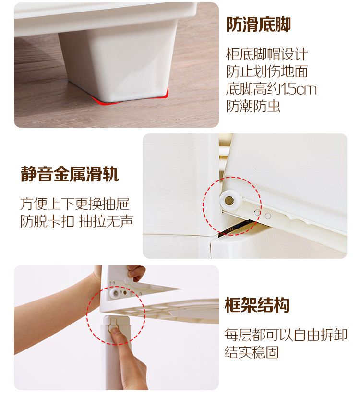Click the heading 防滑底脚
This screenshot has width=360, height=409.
258,24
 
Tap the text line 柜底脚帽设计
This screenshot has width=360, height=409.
266,54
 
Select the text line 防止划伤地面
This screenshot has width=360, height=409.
266,72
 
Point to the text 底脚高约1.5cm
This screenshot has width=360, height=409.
271,89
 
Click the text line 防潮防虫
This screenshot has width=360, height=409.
253,106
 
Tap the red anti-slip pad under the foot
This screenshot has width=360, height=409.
131,98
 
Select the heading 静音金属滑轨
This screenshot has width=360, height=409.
70,174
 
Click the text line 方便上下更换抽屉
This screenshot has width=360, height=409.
74,204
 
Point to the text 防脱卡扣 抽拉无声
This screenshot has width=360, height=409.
76,221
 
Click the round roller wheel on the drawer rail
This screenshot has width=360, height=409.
229,201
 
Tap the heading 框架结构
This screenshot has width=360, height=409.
257,305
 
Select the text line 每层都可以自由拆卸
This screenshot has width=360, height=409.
286,335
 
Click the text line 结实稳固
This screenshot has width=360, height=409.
252,352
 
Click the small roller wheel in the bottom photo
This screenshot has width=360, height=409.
115,293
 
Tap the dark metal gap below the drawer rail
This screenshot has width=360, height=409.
234,227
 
